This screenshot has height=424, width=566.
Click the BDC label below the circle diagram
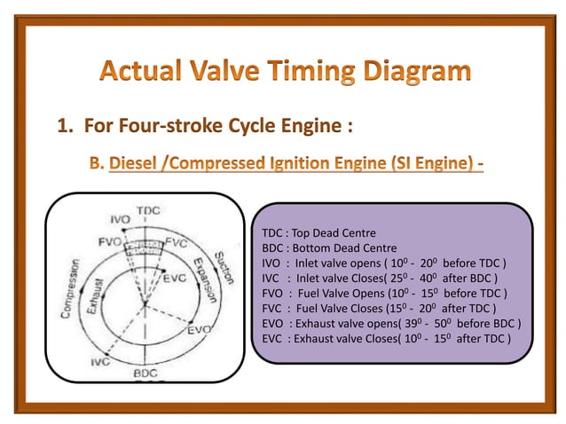pos(145,375)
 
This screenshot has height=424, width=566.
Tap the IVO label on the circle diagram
pos(120,219)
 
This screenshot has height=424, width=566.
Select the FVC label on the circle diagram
pos(177,242)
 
